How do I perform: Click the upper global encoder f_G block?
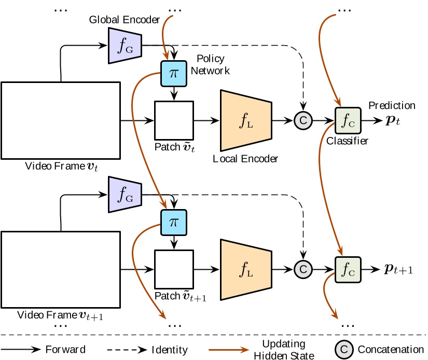pyautogui.click(x=124, y=46)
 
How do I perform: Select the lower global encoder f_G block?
pyautogui.click(x=124, y=195)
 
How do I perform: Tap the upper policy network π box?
pyautogui.click(x=173, y=73)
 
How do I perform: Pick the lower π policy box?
pyautogui.click(x=173, y=222)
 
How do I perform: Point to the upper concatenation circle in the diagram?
pyautogui.click(x=302, y=120)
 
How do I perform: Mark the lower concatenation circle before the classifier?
pyautogui.click(x=302, y=269)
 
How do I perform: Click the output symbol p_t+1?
pyautogui.click(x=398, y=270)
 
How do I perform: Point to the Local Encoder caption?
pyautogui.click(x=245, y=159)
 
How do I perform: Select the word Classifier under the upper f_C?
pyautogui.click(x=347, y=141)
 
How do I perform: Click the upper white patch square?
pyautogui.click(x=173, y=120)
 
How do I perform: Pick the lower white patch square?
pyautogui.click(x=173, y=269)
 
